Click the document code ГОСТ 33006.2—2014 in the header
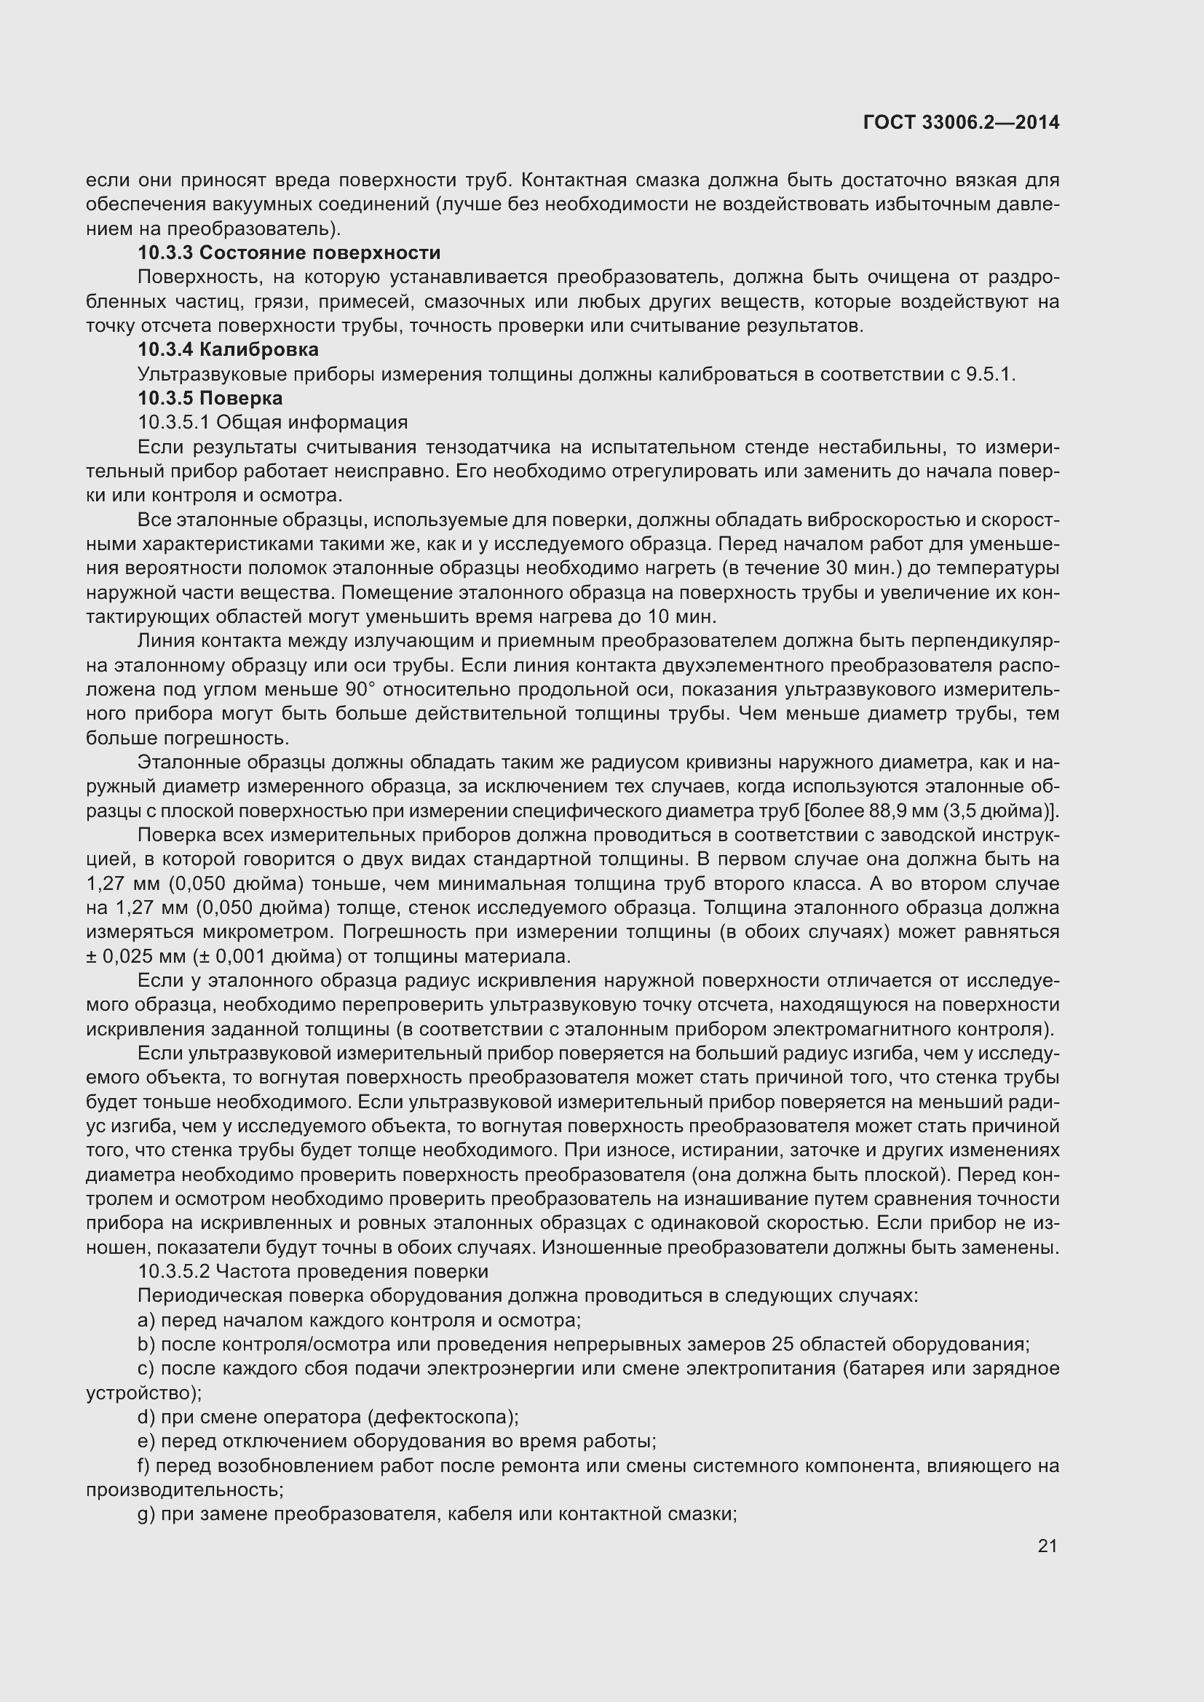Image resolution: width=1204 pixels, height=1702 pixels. pyautogui.click(x=961, y=123)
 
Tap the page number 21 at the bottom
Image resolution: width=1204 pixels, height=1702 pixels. pyautogui.click(x=1047, y=1546)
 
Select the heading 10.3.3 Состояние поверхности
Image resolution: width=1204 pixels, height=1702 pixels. pyautogui.click(x=289, y=252)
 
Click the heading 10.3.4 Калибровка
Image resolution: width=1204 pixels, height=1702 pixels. pyautogui.click(x=229, y=349)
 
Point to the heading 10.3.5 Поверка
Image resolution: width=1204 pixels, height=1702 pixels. pyautogui.click(x=210, y=398)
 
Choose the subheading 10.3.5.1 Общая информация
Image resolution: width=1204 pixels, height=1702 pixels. pyautogui.click(x=273, y=423)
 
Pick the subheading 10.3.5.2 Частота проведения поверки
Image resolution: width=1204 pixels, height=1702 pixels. pyautogui.click(x=313, y=1271)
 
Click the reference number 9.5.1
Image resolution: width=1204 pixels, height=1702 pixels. pyautogui.click(x=989, y=374)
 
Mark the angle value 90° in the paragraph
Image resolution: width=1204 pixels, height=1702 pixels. pyautogui.click(x=361, y=689)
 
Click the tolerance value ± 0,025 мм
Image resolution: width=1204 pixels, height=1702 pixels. pyautogui.click(x=137, y=956)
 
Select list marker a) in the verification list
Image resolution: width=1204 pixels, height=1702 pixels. pyautogui.click(x=146, y=1320)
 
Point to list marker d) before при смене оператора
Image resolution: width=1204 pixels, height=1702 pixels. pyautogui.click(x=146, y=1417)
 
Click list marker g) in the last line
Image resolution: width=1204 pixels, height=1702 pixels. pyautogui.click(x=146, y=1514)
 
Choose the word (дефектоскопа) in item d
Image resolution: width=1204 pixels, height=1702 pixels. pyautogui.click(x=443, y=1417)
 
